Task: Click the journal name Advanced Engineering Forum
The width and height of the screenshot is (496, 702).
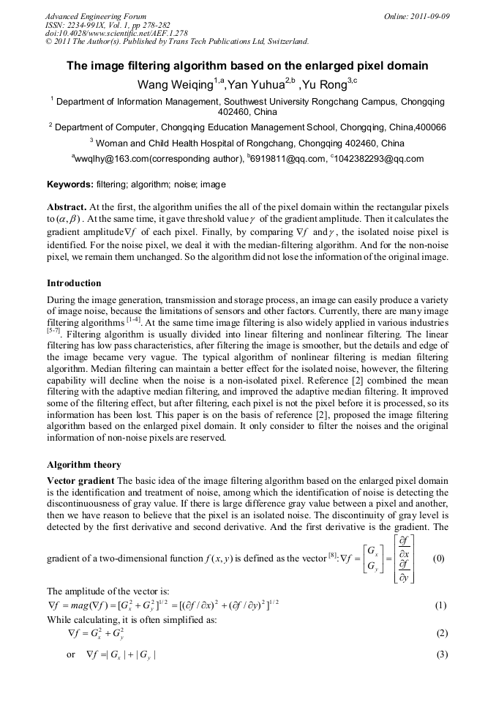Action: (96, 16)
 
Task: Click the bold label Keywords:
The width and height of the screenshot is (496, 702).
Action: (70, 184)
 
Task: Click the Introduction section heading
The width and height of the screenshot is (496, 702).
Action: (74, 283)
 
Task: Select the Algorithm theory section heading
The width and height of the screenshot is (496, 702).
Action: (84, 465)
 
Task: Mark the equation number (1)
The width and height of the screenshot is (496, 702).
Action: (440, 605)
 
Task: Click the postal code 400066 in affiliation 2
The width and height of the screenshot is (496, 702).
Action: (431, 127)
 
